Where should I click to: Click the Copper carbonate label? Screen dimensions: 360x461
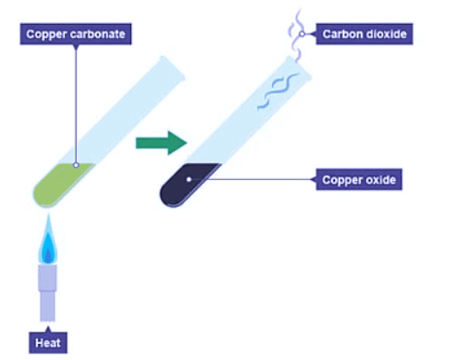76,35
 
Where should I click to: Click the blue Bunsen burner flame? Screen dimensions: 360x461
47,242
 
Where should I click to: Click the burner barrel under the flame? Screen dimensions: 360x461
47,296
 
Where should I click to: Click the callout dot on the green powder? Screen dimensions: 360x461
76,165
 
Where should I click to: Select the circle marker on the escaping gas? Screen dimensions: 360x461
301,34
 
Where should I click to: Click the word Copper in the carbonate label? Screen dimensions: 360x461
45,35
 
